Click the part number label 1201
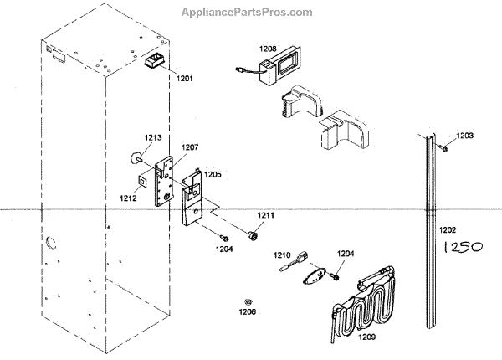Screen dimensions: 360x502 click(184, 78)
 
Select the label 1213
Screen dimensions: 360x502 click(152, 137)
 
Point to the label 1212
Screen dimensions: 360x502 click(128, 198)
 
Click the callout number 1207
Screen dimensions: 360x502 click(191, 147)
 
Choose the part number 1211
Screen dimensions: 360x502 click(265, 216)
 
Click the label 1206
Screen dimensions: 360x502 click(248, 311)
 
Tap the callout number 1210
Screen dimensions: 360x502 click(282, 254)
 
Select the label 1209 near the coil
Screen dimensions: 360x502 click(367, 337)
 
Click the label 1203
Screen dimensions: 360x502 click(464, 135)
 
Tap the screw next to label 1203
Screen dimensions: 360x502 click(445, 148)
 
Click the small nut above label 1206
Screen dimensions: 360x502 click(248, 300)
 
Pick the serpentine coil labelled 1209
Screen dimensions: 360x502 click(360, 301)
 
